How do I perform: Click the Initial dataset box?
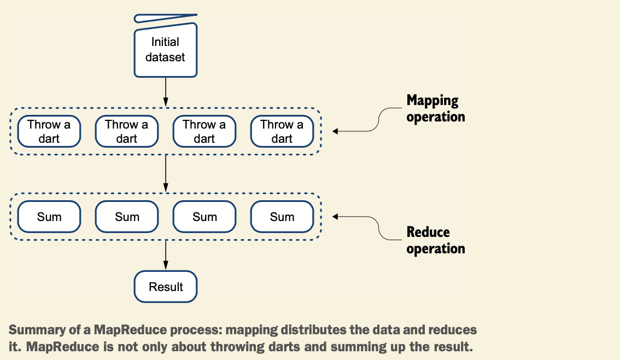pyautogui.click(x=166, y=50)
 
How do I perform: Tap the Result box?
pyautogui.click(x=166, y=287)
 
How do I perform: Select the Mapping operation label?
pyautogui.click(x=436, y=108)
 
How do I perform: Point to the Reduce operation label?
pyautogui.click(x=436, y=240)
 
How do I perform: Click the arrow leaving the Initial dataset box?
pyautogui.click(x=166, y=92)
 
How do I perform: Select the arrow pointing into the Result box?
pyautogui.click(x=166, y=255)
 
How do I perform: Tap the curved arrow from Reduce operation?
pyautogui.click(x=378, y=228)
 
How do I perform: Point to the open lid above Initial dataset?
pyautogui.click(x=166, y=18)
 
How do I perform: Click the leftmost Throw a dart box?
pyautogui.click(x=49, y=131)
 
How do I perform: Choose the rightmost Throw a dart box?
pyautogui.click(x=282, y=131)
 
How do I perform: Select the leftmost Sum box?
pyautogui.click(x=49, y=217)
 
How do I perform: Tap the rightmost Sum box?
pyautogui.click(x=282, y=217)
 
